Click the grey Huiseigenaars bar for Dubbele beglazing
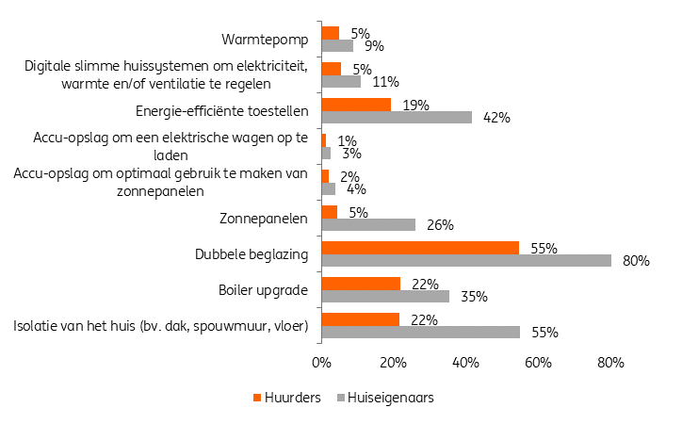point(466,260)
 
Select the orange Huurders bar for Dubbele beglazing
point(420,248)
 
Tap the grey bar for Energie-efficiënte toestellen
point(397,117)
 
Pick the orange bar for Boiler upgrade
point(361,284)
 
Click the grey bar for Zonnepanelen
point(368,224)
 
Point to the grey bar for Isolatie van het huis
point(421,332)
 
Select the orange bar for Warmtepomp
point(330,33)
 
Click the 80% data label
point(637,261)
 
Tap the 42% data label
point(496,118)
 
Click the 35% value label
point(473,297)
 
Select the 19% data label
point(415,105)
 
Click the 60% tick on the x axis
point(538,361)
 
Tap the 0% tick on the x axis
point(321,361)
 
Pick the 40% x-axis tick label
point(465,361)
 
